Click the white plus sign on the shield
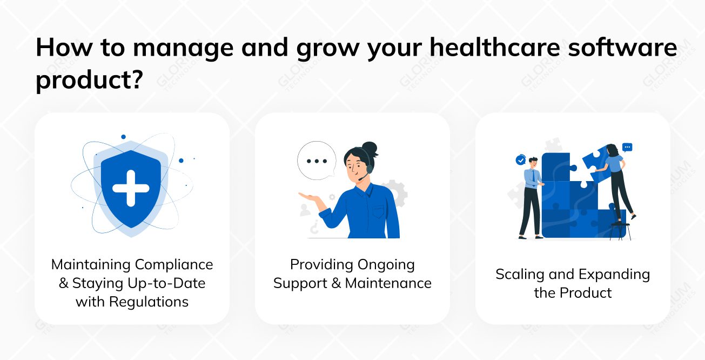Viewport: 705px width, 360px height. point(130,188)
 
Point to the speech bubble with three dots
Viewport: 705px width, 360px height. point(317,161)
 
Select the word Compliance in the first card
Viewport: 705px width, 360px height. point(174,265)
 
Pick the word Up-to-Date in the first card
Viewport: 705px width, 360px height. point(162,283)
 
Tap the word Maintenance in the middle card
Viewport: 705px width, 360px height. point(388,283)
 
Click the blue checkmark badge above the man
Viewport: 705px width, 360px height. point(521,160)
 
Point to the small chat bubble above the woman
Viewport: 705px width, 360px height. point(627,147)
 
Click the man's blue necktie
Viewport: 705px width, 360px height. point(533,176)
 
